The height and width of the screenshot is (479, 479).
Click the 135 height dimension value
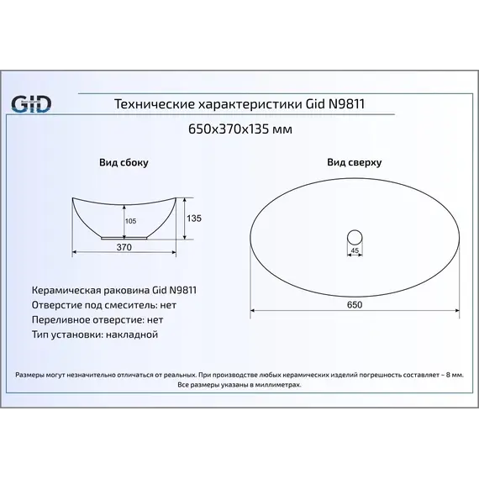[194, 218]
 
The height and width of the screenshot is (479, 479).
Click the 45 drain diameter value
[354, 250]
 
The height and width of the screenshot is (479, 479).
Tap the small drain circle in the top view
[354, 233]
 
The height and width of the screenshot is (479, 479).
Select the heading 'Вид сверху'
[354, 162]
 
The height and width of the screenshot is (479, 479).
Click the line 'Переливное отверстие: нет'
[97, 319]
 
